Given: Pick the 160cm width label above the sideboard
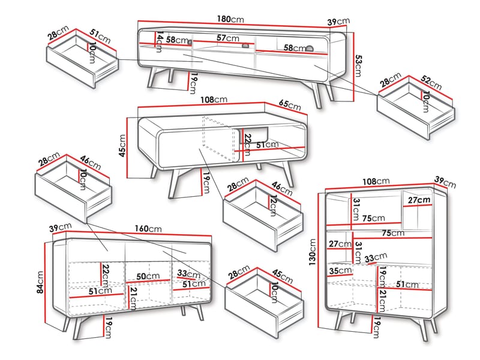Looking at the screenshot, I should [x=148, y=229].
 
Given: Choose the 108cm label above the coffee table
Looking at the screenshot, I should [x=213, y=99].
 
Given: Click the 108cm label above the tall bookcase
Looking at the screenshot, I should [x=376, y=180].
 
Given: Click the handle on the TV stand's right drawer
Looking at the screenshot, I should [x=310, y=48].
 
